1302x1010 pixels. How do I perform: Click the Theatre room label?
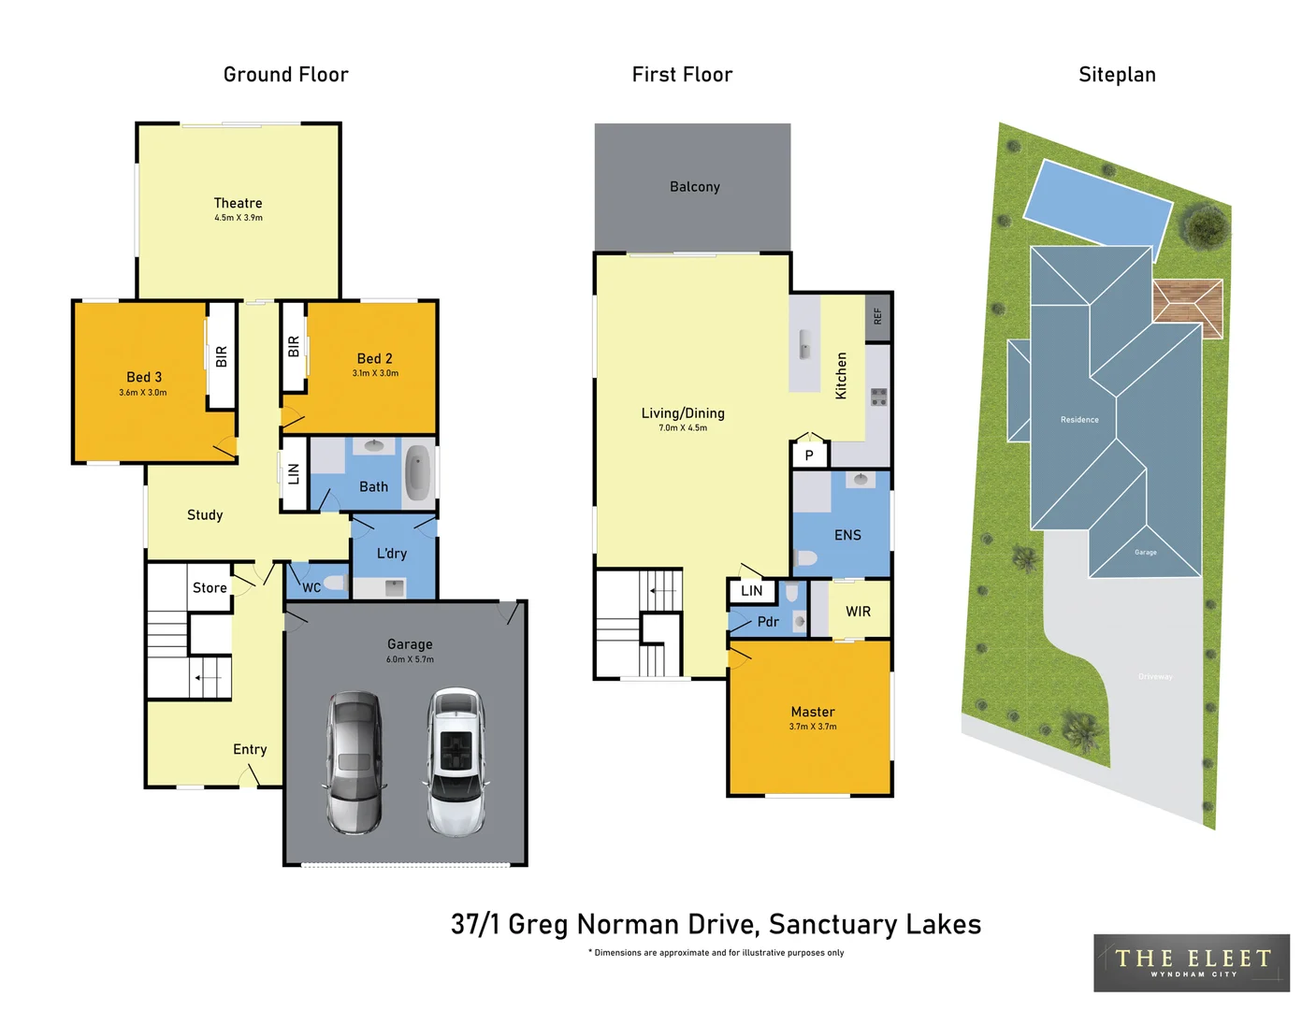coord(238,203)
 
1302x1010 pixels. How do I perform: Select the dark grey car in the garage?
coord(354,762)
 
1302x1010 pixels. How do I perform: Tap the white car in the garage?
coord(456,762)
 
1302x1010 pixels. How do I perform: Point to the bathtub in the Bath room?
coord(418,473)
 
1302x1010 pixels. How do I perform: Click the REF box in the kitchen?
coord(877,317)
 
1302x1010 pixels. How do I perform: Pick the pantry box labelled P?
coord(809,455)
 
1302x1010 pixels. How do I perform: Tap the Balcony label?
coord(695,187)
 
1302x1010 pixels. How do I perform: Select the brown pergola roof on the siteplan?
coord(1188,307)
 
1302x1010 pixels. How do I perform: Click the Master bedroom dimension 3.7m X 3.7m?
coord(813,727)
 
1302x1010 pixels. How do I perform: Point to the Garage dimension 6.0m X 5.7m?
coord(410,659)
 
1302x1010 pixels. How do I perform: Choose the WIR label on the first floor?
coord(858,612)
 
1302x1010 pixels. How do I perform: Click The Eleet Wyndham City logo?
coord(1192,962)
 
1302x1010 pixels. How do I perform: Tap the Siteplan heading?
coord(1117,75)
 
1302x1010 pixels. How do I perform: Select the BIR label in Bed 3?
coord(222,356)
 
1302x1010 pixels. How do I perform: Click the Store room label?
coord(210,588)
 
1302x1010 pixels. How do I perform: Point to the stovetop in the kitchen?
coord(878,397)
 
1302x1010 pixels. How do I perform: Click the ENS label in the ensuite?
coord(847,535)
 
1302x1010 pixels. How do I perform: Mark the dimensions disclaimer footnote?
coord(716,953)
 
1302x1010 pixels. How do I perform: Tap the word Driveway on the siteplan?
coord(1155,676)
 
